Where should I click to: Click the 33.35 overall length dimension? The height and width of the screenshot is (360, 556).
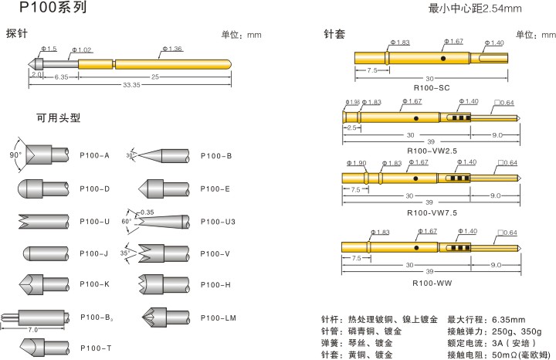click(x=131, y=85)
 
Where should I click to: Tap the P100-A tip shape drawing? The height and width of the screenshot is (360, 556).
click(x=44, y=155)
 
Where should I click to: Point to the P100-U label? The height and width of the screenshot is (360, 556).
click(x=95, y=221)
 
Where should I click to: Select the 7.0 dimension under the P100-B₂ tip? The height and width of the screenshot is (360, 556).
click(x=33, y=330)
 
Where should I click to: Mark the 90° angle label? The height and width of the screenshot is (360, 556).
click(x=15, y=155)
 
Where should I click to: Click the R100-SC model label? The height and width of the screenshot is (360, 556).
click(x=432, y=88)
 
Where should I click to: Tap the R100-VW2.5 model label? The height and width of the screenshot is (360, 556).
click(x=432, y=151)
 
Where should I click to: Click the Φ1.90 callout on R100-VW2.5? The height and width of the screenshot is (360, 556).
click(x=352, y=102)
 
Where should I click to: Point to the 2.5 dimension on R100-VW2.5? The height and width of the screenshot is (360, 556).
click(x=351, y=127)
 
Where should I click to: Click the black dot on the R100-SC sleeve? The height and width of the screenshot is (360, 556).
click(x=443, y=58)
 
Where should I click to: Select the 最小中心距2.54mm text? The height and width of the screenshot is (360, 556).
click(x=474, y=8)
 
